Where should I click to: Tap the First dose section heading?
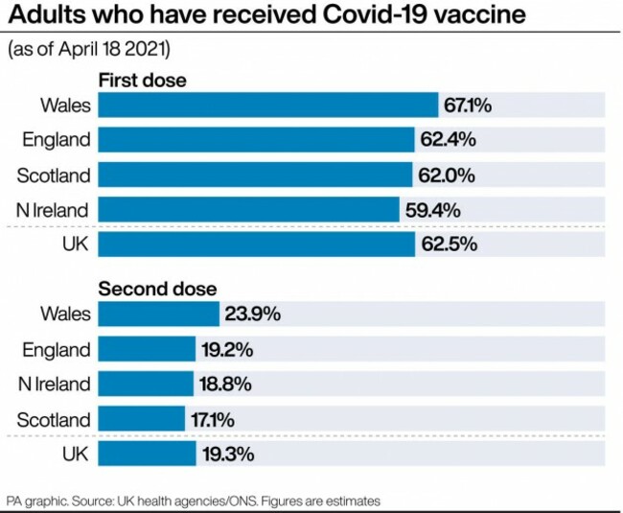click(x=143, y=81)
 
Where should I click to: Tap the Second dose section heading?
click(x=158, y=289)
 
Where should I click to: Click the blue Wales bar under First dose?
click(x=268, y=105)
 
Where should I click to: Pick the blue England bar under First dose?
click(x=256, y=140)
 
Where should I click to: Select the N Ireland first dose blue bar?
click(x=249, y=209)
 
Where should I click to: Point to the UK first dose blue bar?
click(x=257, y=244)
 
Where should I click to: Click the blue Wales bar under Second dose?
click(x=159, y=315)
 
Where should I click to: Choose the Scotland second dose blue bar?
click(x=142, y=419)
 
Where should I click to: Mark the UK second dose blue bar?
click(x=148, y=454)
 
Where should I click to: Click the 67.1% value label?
click(x=468, y=105)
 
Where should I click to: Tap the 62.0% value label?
click(x=445, y=175)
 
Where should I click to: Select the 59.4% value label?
click(x=430, y=209)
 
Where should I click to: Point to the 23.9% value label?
click(x=252, y=315)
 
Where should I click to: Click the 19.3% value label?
click(x=227, y=454)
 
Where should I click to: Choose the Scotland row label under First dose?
click(x=55, y=175)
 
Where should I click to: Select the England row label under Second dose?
click(x=57, y=349)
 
